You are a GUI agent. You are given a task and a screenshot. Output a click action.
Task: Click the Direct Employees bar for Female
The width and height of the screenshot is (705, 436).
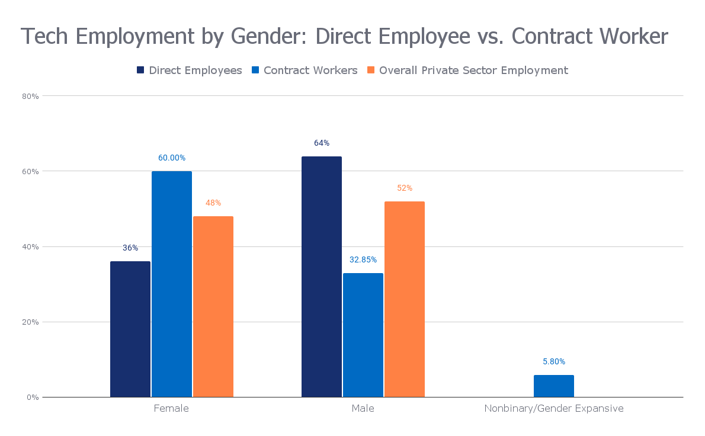(130, 329)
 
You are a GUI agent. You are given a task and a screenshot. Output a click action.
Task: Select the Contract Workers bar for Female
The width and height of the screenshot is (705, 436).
(172, 284)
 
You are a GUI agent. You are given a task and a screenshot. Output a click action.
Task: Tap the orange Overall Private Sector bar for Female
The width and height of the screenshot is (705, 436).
(213, 306)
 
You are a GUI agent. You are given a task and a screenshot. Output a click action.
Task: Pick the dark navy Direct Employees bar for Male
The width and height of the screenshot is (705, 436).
(322, 277)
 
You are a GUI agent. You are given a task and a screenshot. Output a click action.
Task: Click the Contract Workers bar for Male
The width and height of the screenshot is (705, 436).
(363, 335)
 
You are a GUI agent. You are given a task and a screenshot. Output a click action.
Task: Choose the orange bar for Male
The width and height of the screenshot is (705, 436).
(405, 299)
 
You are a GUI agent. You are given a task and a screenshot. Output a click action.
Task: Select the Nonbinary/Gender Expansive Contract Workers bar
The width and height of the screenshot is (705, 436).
(554, 386)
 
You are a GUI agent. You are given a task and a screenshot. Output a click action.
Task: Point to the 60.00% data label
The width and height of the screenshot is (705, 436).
(172, 158)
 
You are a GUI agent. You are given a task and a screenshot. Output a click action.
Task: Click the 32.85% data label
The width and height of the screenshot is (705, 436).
(363, 259)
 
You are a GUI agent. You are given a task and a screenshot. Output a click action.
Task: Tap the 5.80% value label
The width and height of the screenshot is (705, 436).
(554, 361)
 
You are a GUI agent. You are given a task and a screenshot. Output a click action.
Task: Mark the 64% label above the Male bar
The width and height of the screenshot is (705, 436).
(322, 143)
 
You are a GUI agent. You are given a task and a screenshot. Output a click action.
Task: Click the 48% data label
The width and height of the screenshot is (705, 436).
(213, 203)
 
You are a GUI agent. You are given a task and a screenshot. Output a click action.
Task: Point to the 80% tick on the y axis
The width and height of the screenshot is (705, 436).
(31, 96)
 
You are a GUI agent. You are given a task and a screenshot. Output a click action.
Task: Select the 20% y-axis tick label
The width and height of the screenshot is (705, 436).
(31, 322)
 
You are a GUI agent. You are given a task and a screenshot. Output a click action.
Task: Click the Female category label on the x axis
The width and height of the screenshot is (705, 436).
(171, 408)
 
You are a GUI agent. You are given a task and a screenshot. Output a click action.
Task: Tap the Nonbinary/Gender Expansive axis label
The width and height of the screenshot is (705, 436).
(554, 408)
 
